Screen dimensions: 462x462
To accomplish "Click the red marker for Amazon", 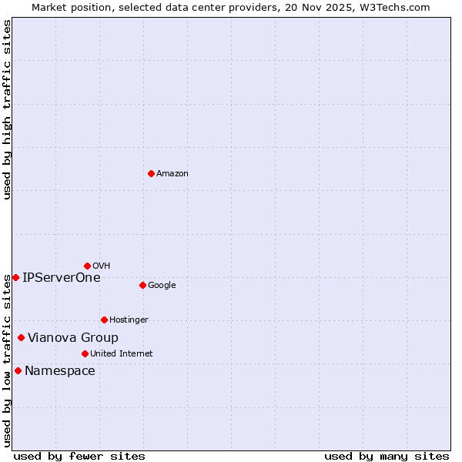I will [151, 173].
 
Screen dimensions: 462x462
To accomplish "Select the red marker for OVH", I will [87, 266].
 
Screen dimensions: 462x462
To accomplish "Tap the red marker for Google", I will [142, 285].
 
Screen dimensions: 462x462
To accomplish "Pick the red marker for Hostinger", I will [104, 320].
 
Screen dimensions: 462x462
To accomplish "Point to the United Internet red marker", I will [85, 353].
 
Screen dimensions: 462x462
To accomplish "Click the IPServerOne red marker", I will [15, 277].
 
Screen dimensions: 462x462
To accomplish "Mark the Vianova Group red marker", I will [21, 337].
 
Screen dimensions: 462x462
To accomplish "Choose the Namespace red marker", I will [18, 370].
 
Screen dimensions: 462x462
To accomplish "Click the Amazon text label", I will [172, 174].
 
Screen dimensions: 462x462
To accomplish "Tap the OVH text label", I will [101, 266].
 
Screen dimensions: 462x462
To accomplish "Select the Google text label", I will [162, 286].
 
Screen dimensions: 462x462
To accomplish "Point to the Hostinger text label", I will [129, 320].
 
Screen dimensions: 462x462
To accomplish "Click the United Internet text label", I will [121, 354].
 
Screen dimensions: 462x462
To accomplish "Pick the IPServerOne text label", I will [62, 278].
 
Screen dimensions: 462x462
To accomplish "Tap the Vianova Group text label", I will [73, 338].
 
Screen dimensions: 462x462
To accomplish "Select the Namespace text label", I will [60, 371].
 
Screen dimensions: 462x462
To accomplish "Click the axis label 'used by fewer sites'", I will [79, 456].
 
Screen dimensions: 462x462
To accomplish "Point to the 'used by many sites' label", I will [387, 456].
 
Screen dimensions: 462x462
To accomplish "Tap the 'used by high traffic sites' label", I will [7, 109].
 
